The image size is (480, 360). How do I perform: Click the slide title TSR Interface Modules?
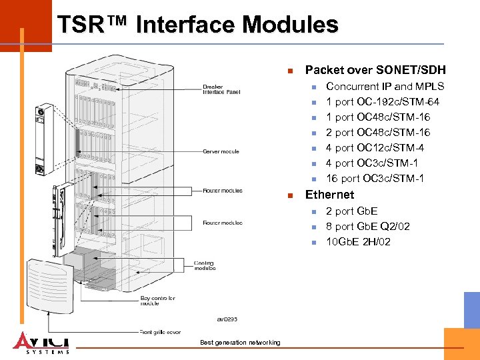[x=197, y=25]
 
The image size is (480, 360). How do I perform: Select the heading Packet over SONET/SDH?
[x=375, y=70]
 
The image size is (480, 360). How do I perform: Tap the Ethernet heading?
[x=329, y=195]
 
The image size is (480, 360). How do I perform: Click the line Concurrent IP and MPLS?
[x=385, y=87]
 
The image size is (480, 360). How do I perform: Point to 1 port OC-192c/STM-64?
[x=382, y=102]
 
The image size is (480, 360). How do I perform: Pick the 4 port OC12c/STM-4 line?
[x=375, y=148]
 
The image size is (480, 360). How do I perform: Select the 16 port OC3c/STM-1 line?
[x=375, y=179]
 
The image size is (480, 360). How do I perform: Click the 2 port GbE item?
[x=351, y=211]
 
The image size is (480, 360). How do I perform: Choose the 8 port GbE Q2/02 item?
[x=367, y=227]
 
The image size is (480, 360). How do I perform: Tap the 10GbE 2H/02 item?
[x=358, y=242]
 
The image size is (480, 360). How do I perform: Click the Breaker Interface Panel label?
[x=222, y=89]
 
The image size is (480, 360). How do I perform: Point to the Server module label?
[x=221, y=151]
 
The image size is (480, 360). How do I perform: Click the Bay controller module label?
[x=158, y=301]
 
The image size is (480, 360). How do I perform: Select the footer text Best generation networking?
[x=240, y=343]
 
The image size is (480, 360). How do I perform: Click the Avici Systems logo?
[x=41, y=341]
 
